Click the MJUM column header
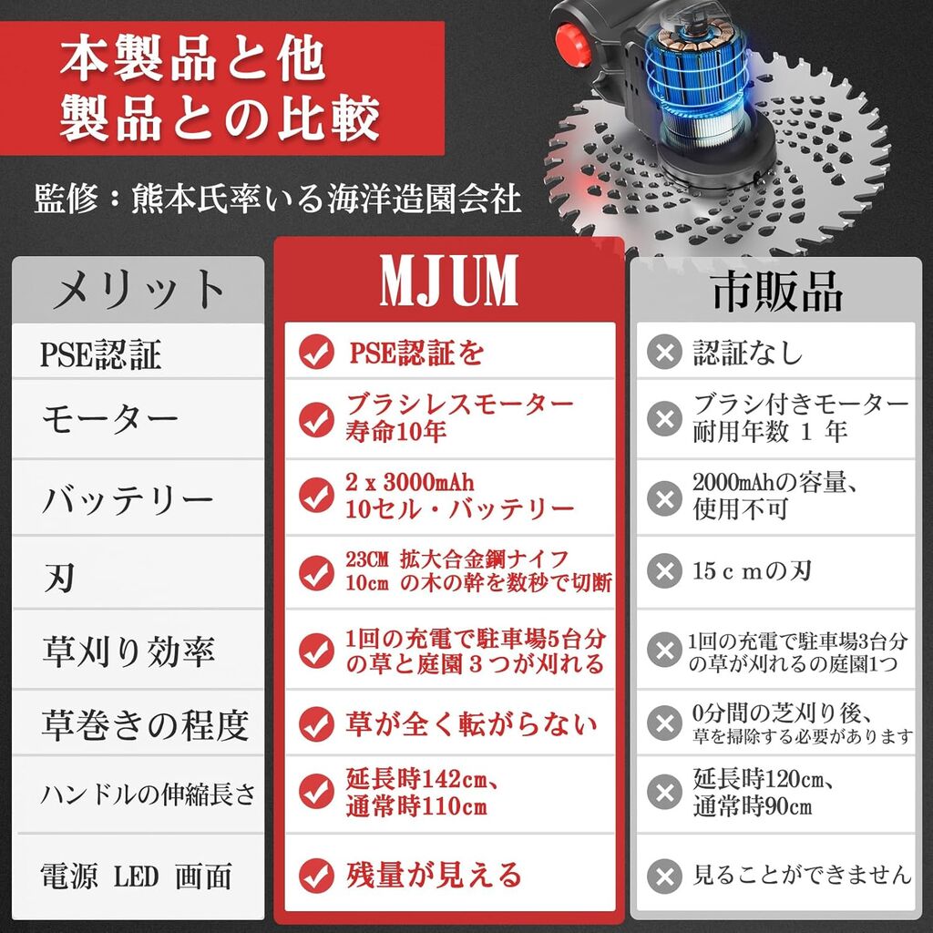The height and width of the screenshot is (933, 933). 449,281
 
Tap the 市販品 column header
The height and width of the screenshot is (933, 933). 776,291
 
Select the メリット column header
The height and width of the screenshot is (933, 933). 138,290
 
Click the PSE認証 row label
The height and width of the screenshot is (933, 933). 100,354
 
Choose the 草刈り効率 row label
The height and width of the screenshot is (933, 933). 128,650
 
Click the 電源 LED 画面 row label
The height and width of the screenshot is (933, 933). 136,876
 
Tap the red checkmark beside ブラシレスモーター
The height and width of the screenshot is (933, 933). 316,419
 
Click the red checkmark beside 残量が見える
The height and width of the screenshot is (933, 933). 316,876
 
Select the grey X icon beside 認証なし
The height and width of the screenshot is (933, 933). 664,353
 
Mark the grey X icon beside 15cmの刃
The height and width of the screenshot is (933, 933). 664,571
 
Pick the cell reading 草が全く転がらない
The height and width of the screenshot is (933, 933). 471,724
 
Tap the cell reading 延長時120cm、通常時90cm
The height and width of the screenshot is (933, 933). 763,792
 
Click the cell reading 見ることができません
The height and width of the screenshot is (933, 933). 802,874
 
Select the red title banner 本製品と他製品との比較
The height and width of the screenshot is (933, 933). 221,88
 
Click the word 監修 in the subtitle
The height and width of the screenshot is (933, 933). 66,198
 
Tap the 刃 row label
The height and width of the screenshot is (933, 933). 59,576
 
